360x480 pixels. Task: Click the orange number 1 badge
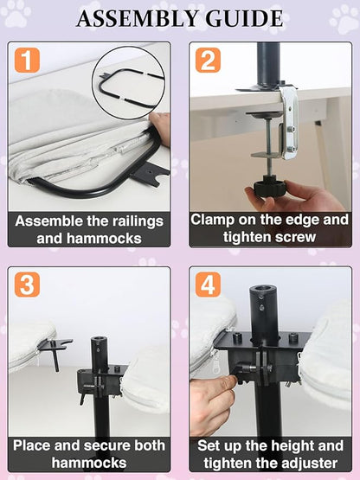tap(27, 60)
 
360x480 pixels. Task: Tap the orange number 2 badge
tap(208, 60)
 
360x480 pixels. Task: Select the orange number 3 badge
tap(27, 285)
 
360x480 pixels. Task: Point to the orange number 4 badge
tap(208, 285)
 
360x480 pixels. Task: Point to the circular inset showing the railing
tap(129, 82)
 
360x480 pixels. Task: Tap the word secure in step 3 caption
tap(108, 445)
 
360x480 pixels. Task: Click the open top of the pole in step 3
tap(99, 339)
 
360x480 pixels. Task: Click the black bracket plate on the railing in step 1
tap(150, 174)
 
